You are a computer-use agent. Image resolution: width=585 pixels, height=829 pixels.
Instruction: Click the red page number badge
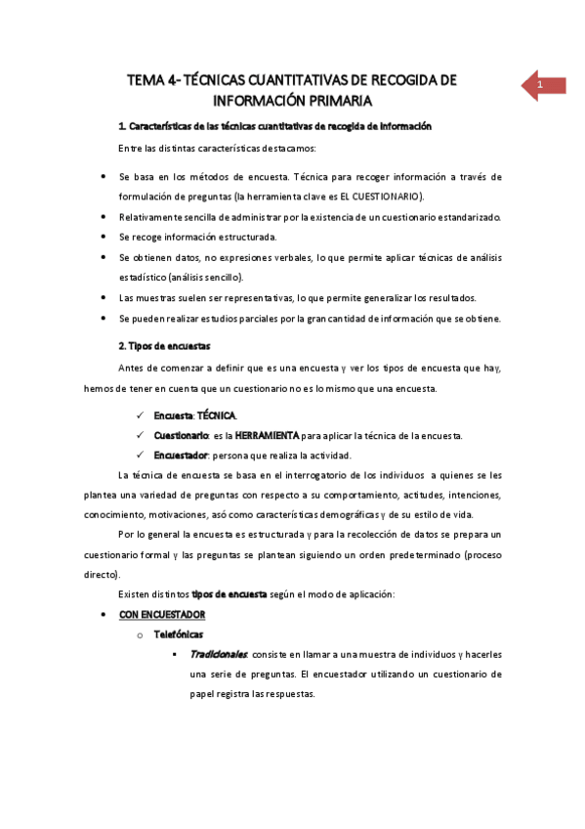[x=540, y=86]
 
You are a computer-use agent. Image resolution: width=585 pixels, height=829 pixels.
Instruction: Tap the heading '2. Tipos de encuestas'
[x=163, y=347]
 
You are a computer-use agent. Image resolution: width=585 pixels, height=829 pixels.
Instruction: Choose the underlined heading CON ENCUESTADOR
[x=162, y=614]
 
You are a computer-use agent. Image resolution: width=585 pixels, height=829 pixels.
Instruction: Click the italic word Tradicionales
[x=220, y=654]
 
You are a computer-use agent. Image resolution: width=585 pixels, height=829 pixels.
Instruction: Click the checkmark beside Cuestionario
[x=142, y=435]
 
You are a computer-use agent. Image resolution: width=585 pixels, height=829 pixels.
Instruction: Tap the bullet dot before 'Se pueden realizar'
[x=104, y=318]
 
